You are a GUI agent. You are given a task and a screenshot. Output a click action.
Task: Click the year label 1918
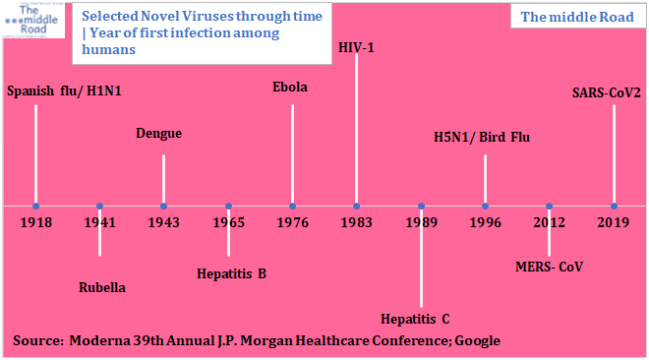(x=35, y=222)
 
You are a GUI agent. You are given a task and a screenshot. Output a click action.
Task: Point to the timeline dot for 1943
(x=164, y=206)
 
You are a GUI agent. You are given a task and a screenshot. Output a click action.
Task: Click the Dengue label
(x=158, y=134)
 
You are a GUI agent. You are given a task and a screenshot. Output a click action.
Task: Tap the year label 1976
(x=292, y=222)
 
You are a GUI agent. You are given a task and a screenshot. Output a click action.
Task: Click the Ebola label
(x=290, y=88)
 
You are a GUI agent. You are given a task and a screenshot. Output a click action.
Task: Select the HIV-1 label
(x=356, y=47)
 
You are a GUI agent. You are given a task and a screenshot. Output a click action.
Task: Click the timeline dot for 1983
(x=356, y=206)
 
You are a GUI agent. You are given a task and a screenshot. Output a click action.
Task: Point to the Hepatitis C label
(x=415, y=318)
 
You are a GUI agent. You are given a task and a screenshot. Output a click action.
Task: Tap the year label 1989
(x=421, y=222)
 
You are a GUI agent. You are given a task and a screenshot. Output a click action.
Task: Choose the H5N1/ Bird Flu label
(x=482, y=137)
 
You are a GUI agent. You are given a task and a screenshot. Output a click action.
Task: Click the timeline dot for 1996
(x=486, y=206)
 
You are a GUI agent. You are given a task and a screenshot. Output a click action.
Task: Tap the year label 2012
(x=550, y=222)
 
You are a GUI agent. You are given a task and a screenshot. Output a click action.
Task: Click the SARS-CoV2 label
(x=607, y=93)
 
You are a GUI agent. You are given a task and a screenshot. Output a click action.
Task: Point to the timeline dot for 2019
(x=614, y=206)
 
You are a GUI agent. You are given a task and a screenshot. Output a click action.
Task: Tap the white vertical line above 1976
(x=292, y=152)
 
